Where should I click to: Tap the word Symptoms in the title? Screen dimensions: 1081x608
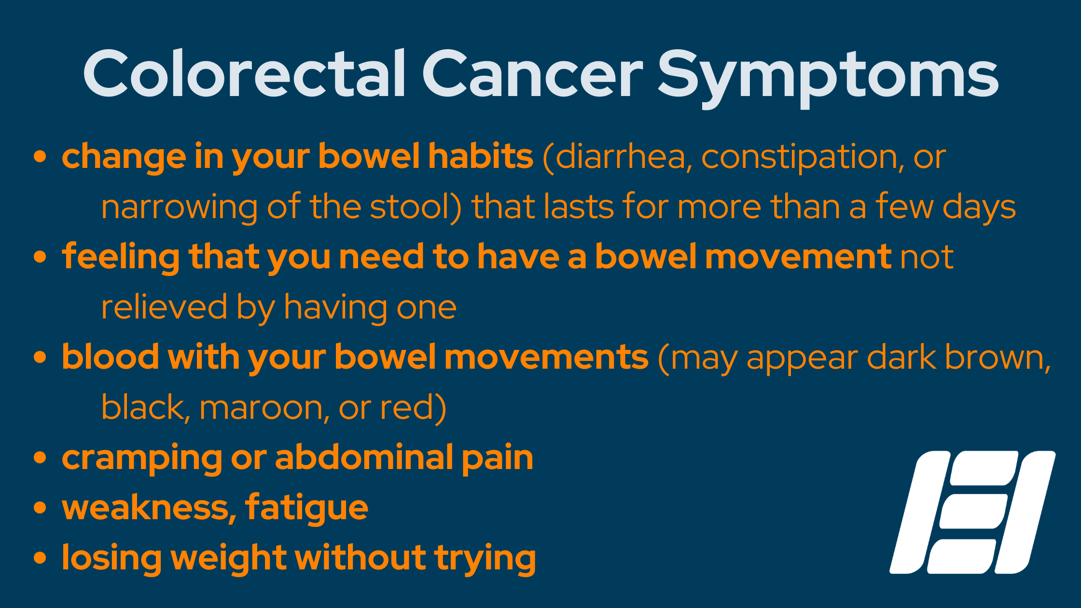click(x=828, y=79)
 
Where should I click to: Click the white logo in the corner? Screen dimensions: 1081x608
click(x=972, y=512)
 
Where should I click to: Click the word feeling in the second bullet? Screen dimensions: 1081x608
click(x=121, y=257)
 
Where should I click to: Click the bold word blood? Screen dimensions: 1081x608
click(x=111, y=357)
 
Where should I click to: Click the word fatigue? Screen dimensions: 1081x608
click(x=306, y=508)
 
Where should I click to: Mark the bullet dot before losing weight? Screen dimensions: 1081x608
click(x=40, y=558)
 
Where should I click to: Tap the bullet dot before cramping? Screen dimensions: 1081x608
click(x=40, y=458)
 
